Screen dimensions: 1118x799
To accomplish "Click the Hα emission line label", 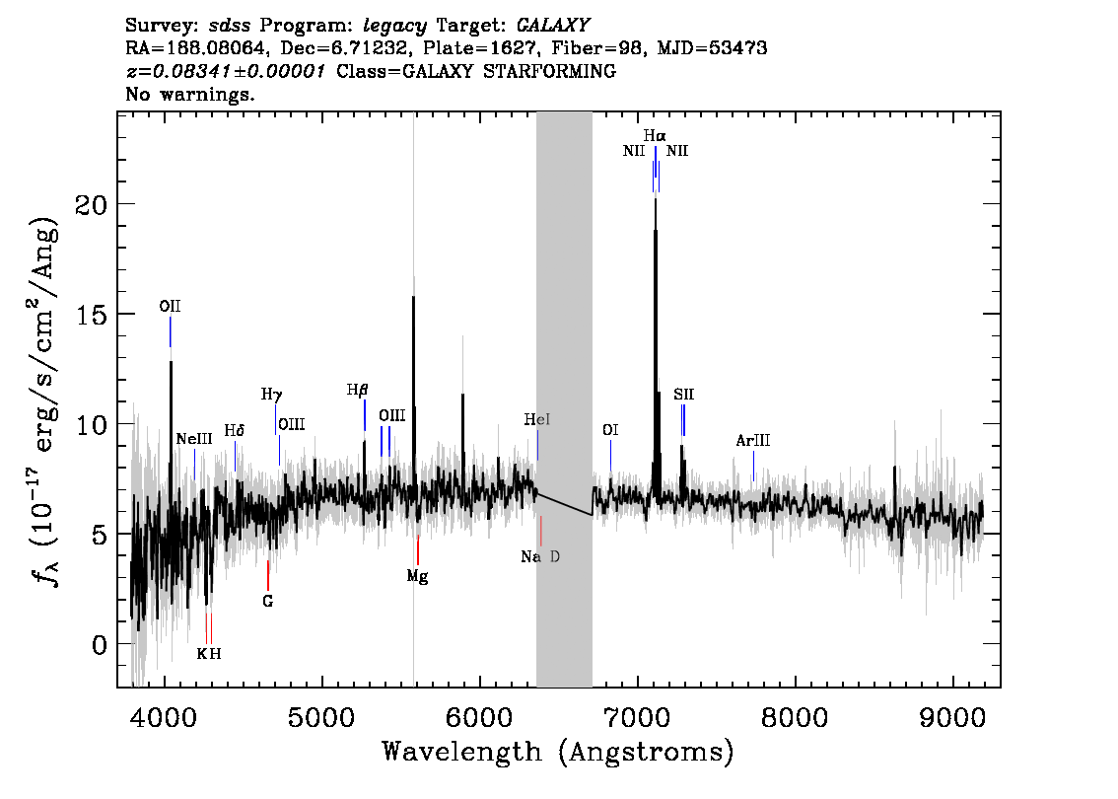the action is pos(655,135).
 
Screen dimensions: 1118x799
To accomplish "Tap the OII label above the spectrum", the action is pos(170,306).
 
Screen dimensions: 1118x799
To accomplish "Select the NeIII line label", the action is pos(194,439).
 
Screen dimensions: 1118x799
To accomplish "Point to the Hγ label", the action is pos(272,395).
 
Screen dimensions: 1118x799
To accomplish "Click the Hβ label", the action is pos(357,391).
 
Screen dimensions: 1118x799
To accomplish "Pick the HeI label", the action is pos(537,419).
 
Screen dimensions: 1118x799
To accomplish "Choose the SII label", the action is pos(684,394).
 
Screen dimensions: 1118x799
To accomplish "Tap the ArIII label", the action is pos(753,440).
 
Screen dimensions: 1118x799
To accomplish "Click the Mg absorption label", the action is pos(417,576).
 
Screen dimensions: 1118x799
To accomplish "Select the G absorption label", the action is pos(268,602).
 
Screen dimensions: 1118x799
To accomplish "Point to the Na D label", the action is pos(540,556).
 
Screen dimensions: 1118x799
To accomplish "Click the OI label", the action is pos(610,429).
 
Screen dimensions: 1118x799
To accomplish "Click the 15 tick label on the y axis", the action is pos(91,315).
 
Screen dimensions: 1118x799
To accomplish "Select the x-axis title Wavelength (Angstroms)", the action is pos(558,753).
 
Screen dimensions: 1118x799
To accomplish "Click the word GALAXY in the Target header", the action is pos(553,25).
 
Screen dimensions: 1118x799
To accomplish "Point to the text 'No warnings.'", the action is pos(190,94).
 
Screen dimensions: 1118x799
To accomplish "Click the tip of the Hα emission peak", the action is pos(656,199).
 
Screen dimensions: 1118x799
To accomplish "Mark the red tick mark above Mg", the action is pos(418,550).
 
